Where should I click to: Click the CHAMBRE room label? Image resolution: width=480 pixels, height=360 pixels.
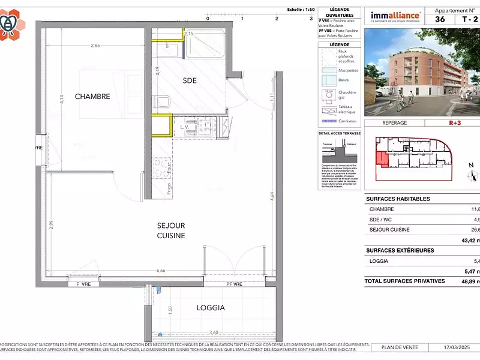[92, 96]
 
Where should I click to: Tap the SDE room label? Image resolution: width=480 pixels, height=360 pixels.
[190, 80]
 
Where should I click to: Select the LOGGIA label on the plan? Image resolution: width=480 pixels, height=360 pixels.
[211, 307]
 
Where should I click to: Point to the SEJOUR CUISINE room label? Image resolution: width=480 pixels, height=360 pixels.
[171, 230]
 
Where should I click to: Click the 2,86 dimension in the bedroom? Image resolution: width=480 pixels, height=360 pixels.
[95, 46]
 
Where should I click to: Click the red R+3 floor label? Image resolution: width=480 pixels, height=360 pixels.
[457, 122]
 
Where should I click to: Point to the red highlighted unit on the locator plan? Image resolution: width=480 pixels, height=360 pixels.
[380, 159]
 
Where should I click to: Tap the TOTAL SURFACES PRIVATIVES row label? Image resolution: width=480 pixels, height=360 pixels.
[405, 281]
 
